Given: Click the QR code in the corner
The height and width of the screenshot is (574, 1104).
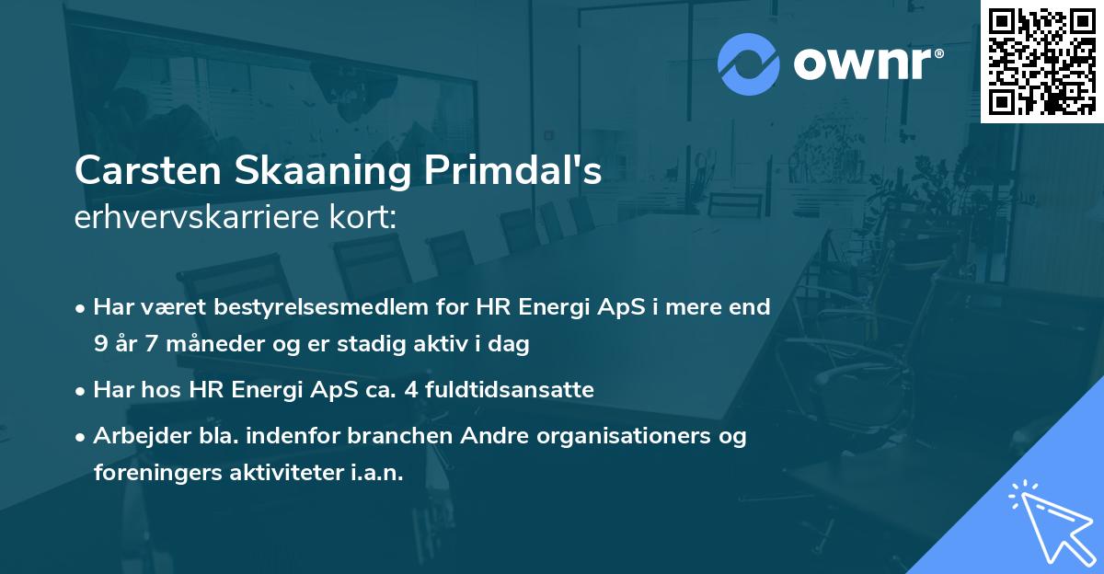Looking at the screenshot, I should click(x=1041, y=61).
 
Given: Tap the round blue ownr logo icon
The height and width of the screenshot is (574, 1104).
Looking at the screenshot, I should click(x=749, y=63).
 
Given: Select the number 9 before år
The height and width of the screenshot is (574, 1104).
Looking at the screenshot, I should click(x=99, y=345).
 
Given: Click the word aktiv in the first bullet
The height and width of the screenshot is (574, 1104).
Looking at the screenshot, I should click(x=466, y=345).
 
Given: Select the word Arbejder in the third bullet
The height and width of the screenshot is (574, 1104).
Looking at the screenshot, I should click(x=133, y=436).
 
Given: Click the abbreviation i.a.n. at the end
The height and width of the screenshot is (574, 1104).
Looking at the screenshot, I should click(x=374, y=473).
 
